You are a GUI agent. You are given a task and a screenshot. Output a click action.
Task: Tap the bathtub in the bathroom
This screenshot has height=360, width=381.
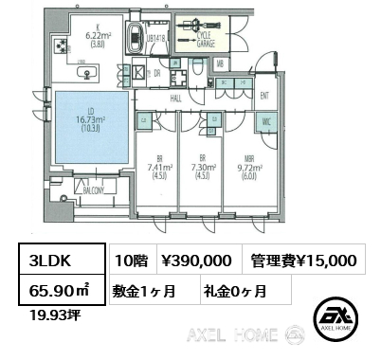point(152,24)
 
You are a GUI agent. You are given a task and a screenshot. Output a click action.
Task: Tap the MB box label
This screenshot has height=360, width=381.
point(220,63)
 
